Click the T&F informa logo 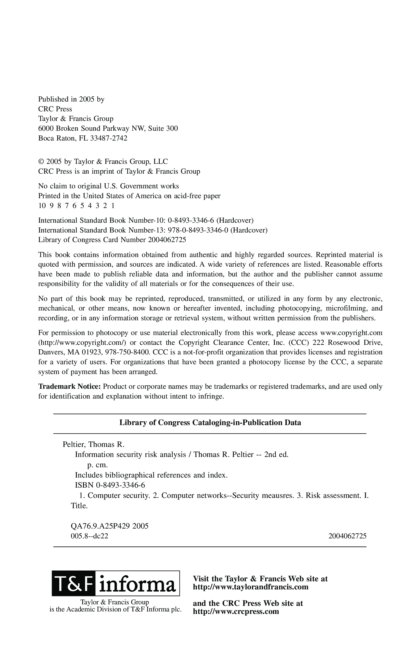coord(115,583)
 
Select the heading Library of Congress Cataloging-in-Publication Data coord(210,423)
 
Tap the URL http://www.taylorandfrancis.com coord(251,587)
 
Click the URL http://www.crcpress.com coord(236,611)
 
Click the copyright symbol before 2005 coord(41,162)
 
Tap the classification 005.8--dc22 coord(89,536)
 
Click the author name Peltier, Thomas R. coord(93,444)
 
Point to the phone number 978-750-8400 coord(127,352)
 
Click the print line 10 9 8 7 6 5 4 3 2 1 coord(76,206)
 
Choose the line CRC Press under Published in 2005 coord(55,109)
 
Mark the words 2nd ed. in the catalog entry coord(276,454)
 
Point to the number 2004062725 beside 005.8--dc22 coord(347,536)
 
